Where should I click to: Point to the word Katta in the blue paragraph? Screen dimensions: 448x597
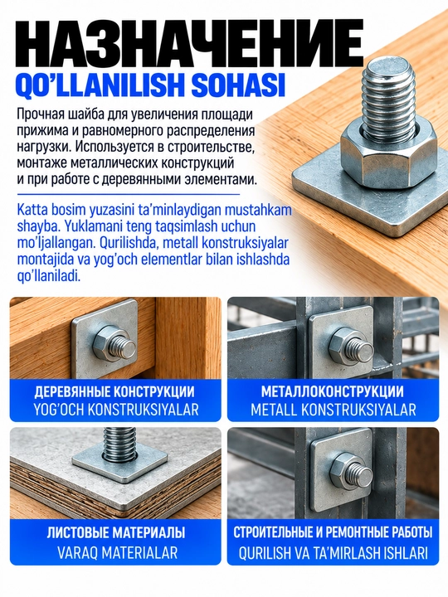tap(32, 210)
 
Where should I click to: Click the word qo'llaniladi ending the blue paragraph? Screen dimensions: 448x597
tap(49, 275)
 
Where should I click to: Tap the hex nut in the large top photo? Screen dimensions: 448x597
tap(387, 156)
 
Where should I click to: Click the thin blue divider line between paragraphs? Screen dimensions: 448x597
tap(129, 195)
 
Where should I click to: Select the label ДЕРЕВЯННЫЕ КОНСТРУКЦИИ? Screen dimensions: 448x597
tap(114, 391)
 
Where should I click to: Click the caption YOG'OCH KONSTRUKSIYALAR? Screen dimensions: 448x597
tap(116, 410)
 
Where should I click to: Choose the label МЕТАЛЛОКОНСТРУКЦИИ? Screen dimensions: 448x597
tap(332, 391)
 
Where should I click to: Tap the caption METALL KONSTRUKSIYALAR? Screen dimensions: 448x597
tap(334, 410)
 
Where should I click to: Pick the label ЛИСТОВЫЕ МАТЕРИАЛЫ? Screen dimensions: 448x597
tap(116, 532)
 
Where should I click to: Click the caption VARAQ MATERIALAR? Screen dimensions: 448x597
tap(117, 552)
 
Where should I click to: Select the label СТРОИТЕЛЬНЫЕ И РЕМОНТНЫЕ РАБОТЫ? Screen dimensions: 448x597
tap(333, 532)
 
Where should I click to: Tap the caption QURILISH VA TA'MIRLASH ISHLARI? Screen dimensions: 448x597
tap(334, 553)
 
